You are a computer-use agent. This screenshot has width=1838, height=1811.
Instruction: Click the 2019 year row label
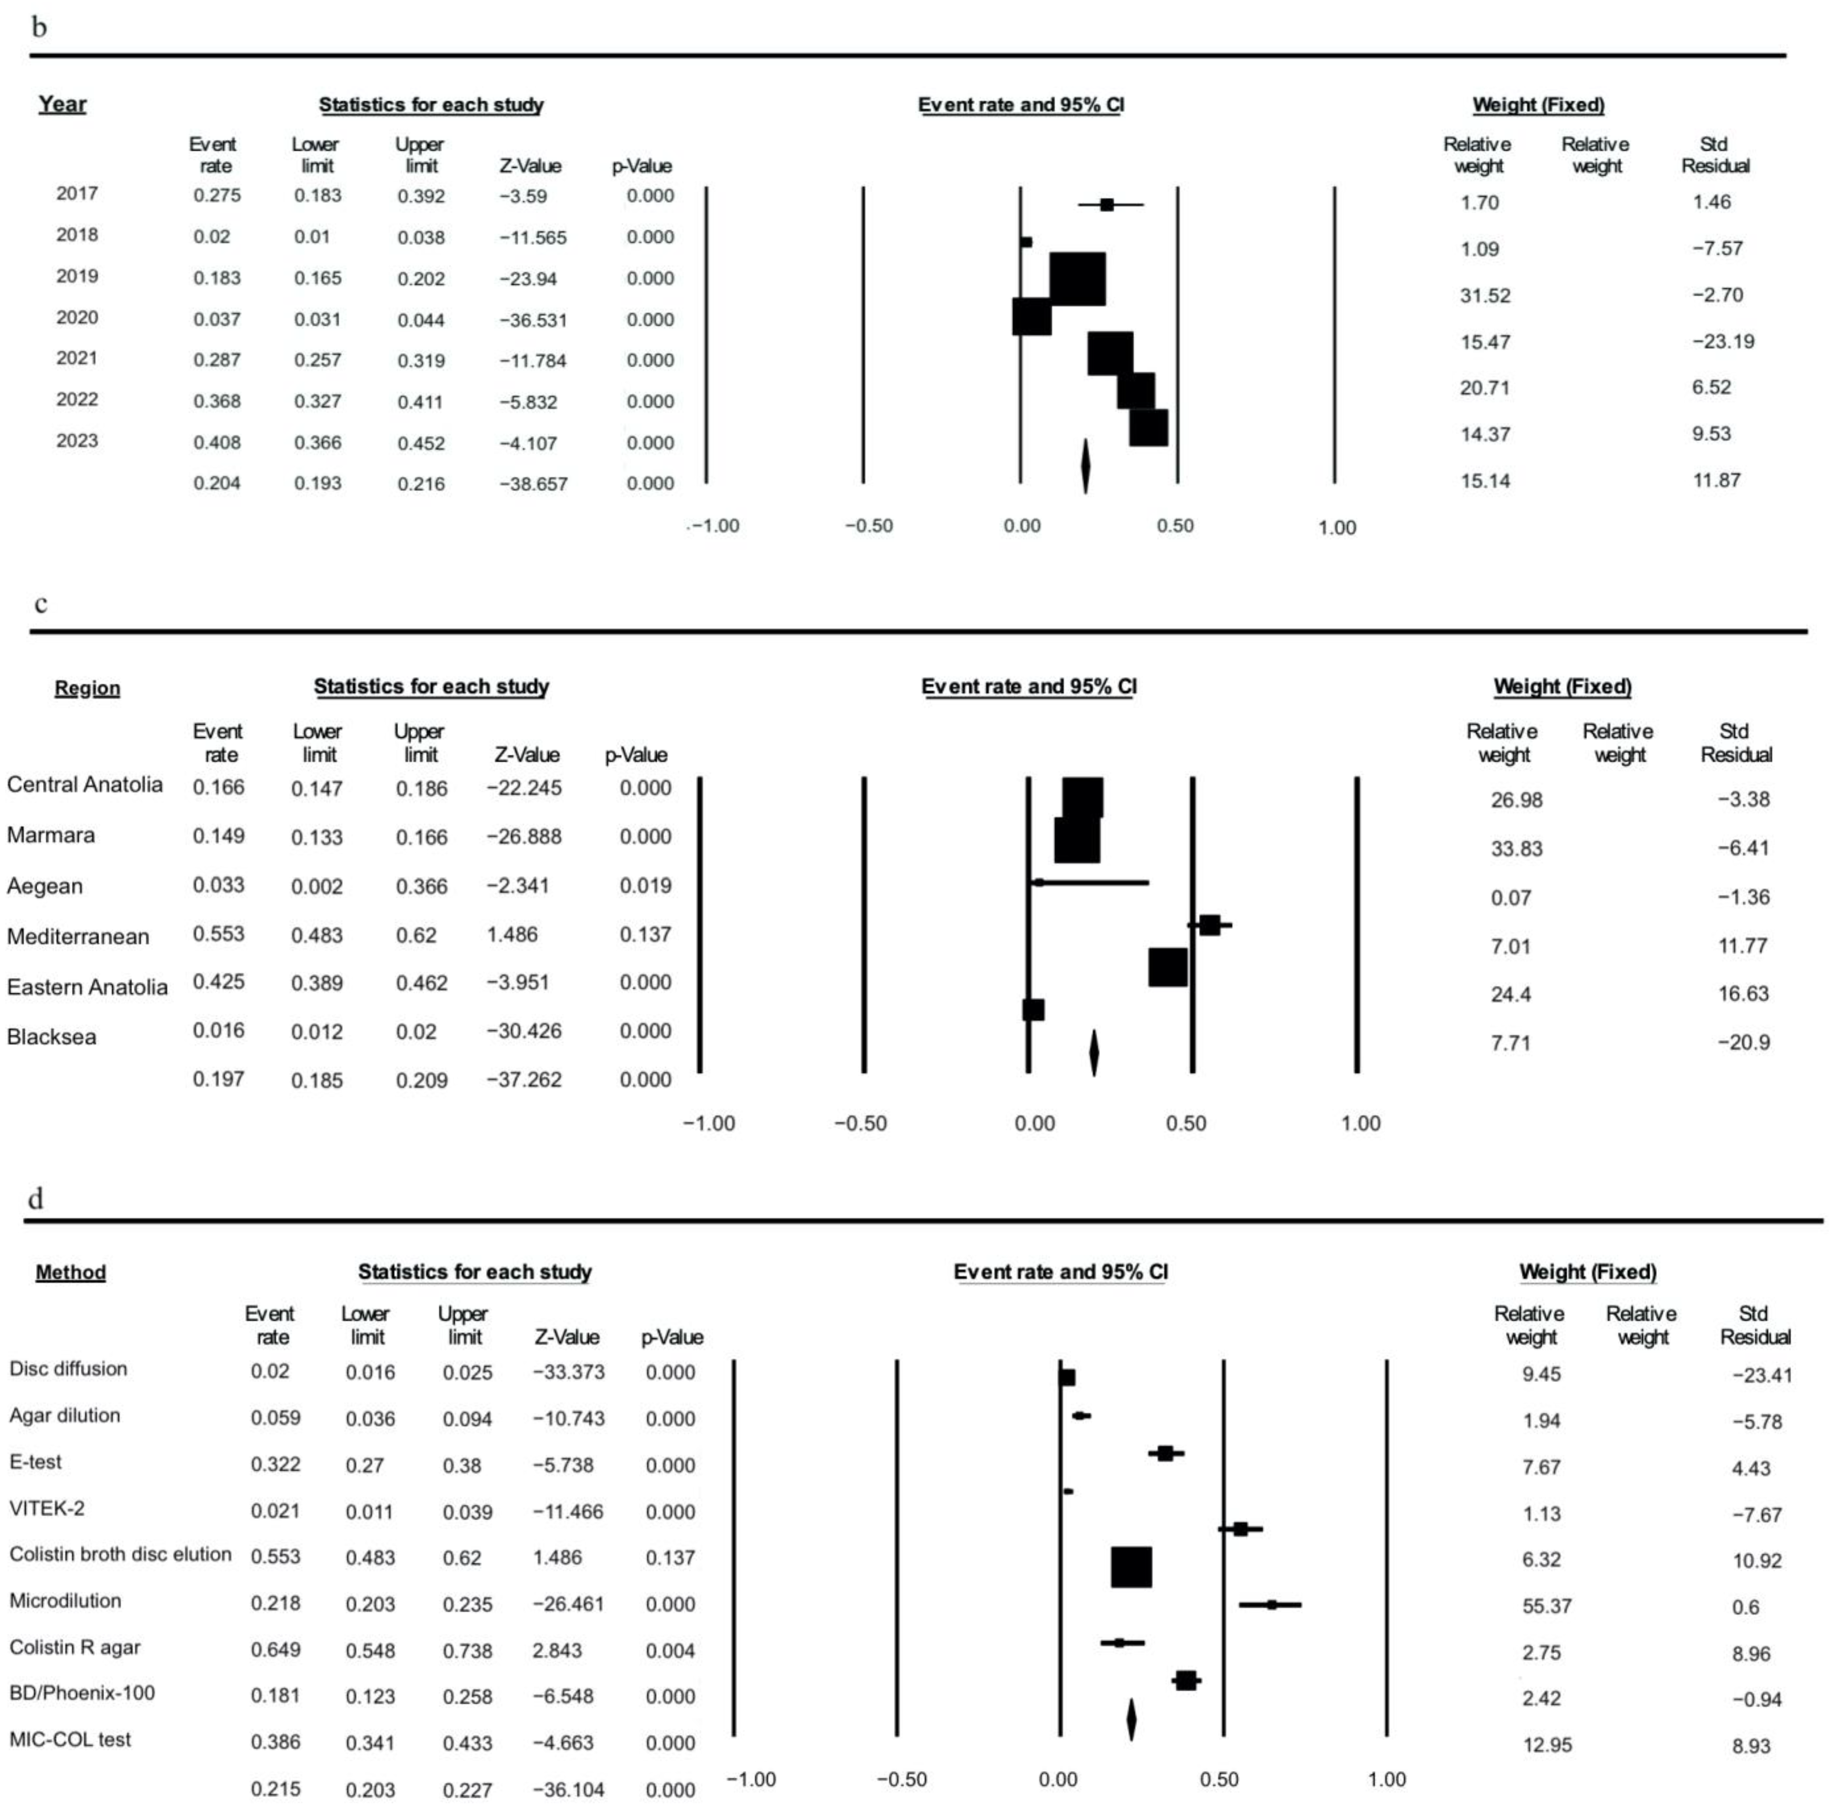pos(77,276)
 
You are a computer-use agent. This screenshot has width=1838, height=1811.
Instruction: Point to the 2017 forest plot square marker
pos(1107,204)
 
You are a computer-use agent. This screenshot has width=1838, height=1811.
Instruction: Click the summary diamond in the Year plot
pos(1085,466)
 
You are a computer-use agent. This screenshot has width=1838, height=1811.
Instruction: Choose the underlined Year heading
pos(62,105)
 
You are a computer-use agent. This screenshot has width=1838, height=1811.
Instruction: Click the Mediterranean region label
pos(78,937)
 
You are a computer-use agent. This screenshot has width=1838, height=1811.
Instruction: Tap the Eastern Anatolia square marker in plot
pos(1167,967)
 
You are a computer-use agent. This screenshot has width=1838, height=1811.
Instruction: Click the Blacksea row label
pos(51,1037)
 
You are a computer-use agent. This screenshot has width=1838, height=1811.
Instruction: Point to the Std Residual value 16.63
pos(1743,994)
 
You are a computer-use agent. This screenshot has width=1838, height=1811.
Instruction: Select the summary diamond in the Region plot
pos(1093,1053)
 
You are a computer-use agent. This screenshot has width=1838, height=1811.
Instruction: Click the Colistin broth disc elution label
pos(121,1554)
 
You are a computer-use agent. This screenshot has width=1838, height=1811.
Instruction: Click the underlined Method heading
pos(70,1273)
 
